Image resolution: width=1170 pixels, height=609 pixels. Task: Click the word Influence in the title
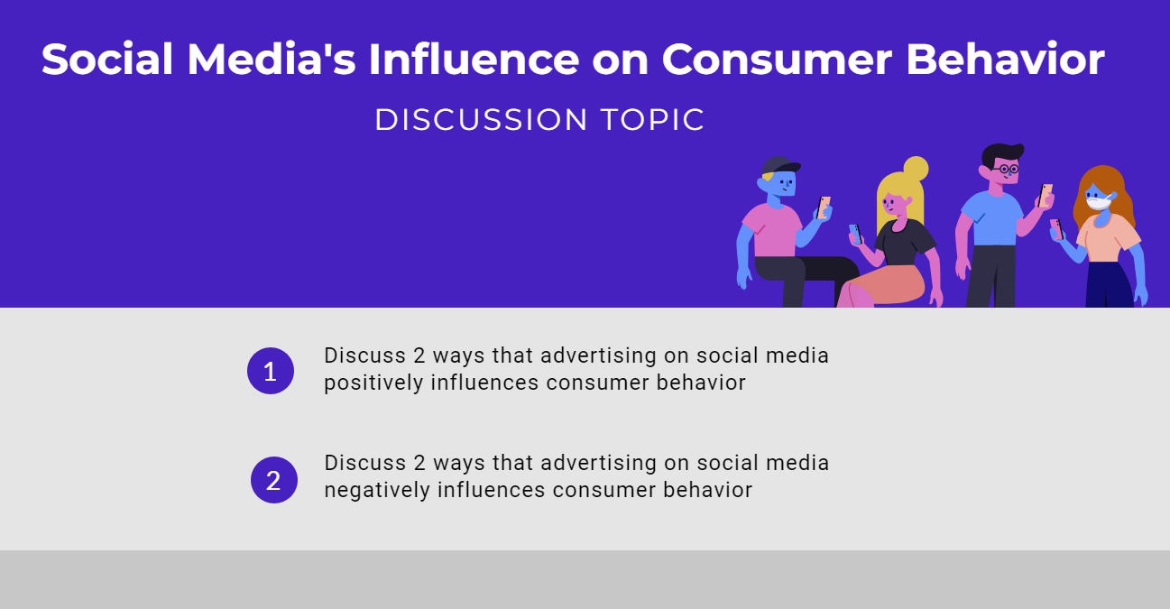[473, 60]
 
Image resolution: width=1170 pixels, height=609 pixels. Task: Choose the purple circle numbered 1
[271, 371]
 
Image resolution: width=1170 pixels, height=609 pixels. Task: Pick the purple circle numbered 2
[273, 480]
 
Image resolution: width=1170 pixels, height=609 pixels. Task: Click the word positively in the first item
[373, 383]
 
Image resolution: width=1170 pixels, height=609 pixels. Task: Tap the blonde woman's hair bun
[915, 169]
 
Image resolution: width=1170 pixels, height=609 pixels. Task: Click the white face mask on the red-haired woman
[1098, 203]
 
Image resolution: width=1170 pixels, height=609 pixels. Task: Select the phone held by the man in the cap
[824, 207]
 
